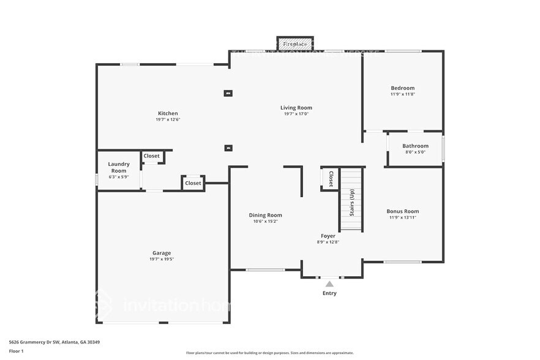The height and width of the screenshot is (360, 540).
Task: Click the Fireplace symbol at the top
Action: coord(295,44)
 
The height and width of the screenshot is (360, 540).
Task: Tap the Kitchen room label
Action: coord(168,113)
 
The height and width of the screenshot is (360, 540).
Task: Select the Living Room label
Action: coord(296,108)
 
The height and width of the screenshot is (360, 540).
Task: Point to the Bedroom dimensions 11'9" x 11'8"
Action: coord(402,94)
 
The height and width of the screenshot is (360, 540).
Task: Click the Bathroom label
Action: coord(415,146)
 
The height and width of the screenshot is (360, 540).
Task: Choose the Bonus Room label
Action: coord(403,211)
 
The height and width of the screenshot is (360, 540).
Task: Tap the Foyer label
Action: coord(328,236)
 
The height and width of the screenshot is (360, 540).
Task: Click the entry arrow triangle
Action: coord(329,283)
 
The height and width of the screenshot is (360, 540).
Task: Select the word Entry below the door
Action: coord(329,293)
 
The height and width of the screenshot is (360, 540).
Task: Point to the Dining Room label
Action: coord(265,215)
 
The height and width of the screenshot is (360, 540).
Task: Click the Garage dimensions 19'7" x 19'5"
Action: coord(162,259)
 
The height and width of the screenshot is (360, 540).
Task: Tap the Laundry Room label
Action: coord(119,167)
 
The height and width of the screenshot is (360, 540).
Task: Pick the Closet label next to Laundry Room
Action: coord(152,156)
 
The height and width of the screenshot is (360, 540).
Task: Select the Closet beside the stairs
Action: coord(331,179)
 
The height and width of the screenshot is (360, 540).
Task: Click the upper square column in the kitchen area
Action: coord(228,94)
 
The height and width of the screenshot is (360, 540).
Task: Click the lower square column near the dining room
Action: coord(228,148)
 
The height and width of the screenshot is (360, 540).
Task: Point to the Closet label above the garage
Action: coord(193,183)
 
